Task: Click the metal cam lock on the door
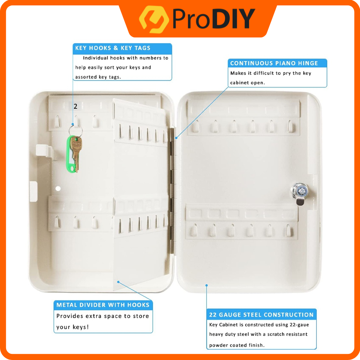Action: click(299, 193)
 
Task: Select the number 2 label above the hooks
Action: click(75, 106)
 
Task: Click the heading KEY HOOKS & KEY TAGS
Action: click(113, 48)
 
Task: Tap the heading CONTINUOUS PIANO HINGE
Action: click(274, 63)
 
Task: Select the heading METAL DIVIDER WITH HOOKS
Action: click(103, 305)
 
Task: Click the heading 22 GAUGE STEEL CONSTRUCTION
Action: click(261, 315)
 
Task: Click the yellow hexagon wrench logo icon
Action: click(154, 19)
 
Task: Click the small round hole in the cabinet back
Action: click(58, 189)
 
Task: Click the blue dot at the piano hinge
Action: click(176, 138)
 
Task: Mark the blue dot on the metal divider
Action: click(118, 282)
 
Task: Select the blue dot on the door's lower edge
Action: click(207, 285)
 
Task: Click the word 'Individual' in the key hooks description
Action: click(95, 58)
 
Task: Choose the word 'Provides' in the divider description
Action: click(70, 316)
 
